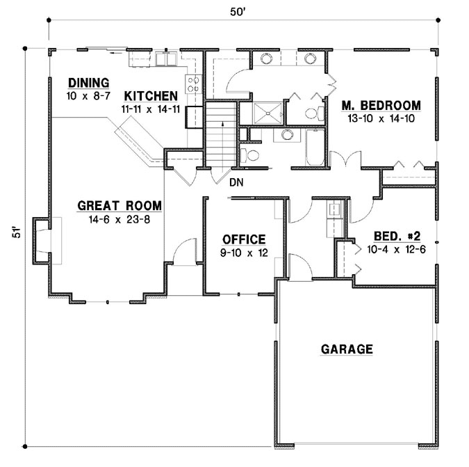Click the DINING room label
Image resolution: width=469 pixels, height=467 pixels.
pyautogui.click(x=88, y=82)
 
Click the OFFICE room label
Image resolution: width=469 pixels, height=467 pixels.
pyautogui.click(x=243, y=239)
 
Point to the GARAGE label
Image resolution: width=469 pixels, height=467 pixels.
pyautogui.click(x=347, y=349)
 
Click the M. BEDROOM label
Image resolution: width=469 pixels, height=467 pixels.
pyautogui.click(x=381, y=105)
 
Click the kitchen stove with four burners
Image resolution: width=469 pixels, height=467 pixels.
pyautogui.click(x=195, y=85)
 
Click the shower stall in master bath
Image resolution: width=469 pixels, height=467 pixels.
pyautogui.click(x=267, y=112)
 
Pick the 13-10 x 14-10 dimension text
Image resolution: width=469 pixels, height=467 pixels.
pyautogui.click(x=381, y=118)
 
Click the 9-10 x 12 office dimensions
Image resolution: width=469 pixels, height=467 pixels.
pyautogui.click(x=243, y=253)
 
